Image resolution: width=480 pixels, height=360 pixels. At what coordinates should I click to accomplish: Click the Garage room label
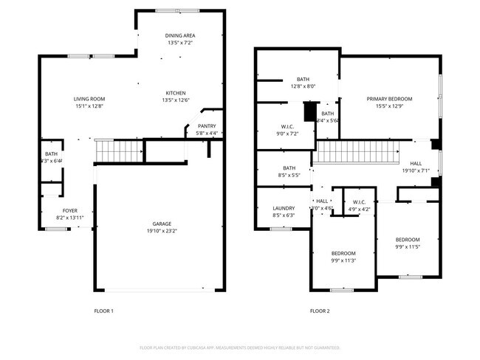[x=162, y=223]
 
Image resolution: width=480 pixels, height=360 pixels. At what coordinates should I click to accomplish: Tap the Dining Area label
[x=179, y=35]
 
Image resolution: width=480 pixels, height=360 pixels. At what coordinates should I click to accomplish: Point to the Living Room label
[x=89, y=99]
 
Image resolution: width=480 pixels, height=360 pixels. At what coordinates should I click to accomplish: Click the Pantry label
[x=207, y=126]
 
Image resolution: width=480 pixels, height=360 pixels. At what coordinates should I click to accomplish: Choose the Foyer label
[x=70, y=210]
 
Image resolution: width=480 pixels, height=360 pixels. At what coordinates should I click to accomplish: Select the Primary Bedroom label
[x=389, y=99]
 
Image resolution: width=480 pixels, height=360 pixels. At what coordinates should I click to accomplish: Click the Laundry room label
[x=284, y=208]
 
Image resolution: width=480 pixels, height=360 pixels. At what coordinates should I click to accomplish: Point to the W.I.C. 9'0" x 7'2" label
[x=288, y=126]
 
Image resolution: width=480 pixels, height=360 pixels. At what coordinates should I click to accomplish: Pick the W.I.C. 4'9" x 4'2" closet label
[x=359, y=201]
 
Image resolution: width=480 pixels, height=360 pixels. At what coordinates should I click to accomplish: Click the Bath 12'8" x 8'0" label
[x=303, y=79]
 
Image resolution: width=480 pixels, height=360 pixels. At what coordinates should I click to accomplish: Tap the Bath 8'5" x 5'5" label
[x=289, y=167]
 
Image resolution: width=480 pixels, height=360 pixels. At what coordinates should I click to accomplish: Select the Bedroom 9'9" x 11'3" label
[x=343, y=253]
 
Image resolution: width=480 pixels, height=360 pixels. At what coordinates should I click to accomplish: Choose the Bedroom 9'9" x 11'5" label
[x=407, y=239]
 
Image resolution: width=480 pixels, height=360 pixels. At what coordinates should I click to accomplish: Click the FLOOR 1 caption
[x=103, y=311]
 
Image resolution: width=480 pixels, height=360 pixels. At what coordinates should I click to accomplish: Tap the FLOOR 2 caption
[x=320, y=311]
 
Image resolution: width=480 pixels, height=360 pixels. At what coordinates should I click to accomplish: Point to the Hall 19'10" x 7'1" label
[x=416, y=164]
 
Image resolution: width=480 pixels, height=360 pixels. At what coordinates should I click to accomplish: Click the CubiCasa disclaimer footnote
[x=240, y=347]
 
